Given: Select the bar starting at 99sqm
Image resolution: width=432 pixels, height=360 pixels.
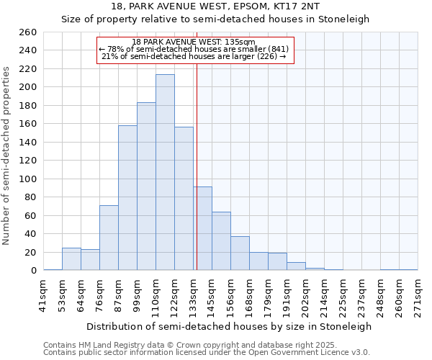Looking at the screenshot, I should click(x=146, y=186).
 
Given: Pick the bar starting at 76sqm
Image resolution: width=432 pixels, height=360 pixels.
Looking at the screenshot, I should click(x=109, y=238).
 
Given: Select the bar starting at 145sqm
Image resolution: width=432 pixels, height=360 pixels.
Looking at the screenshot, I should click(x=221, y=241).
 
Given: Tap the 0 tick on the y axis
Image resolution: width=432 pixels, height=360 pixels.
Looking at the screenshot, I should click(x=33, y=271).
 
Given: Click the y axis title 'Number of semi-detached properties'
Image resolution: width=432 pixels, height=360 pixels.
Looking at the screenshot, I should click(x=7, y=155).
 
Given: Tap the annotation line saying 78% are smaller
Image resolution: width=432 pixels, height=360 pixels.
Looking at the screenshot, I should click(x=194, y=49).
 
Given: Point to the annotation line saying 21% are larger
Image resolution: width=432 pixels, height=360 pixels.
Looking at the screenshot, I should click(x=194, y=56).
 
